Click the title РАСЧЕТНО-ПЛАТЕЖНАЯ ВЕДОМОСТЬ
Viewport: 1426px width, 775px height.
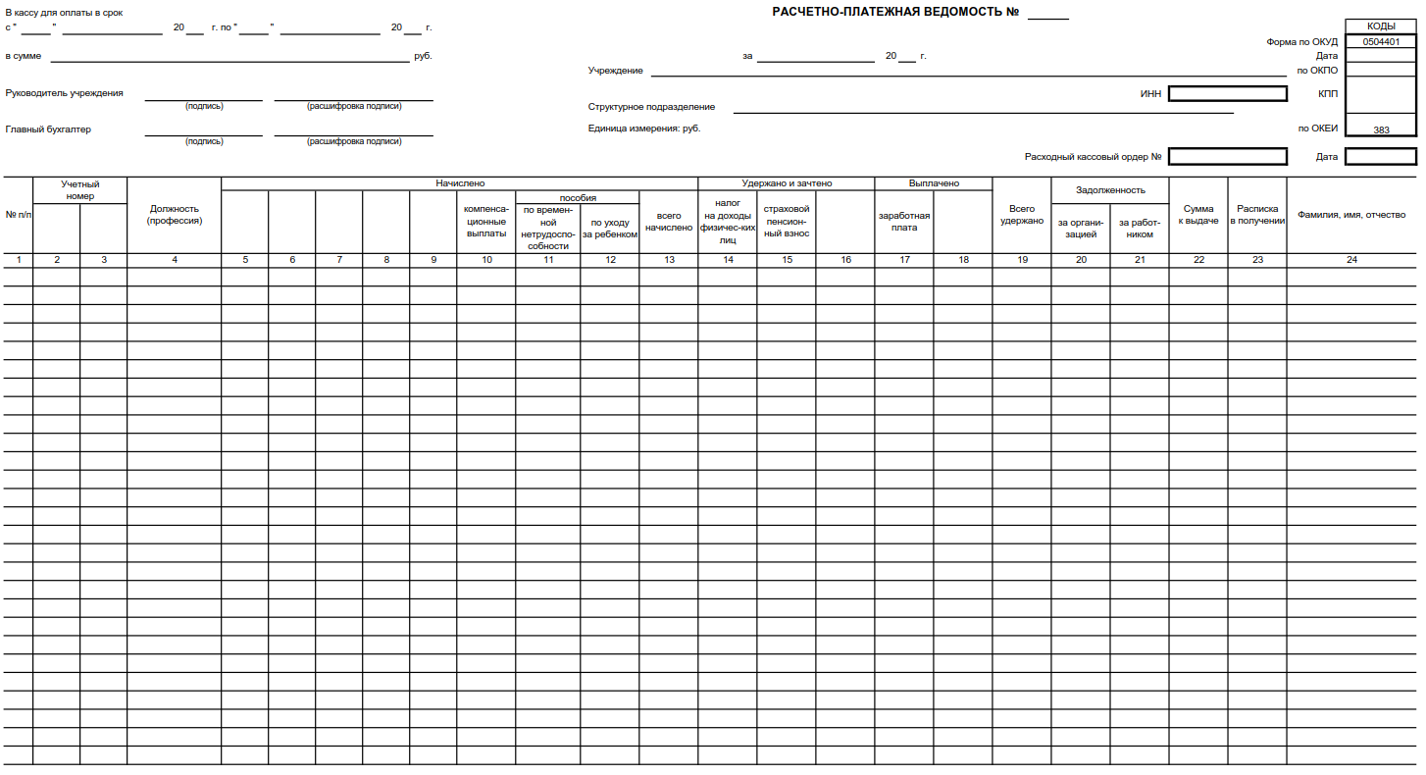coord(896,12)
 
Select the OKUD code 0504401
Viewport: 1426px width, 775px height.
coord(1381,42)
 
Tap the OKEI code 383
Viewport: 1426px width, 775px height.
coord(1381,129)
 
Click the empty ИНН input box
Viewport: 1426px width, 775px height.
coord(1227,94)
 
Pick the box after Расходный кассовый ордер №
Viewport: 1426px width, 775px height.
coord(1227,156)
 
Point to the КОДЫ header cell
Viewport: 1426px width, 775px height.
coord(1381,26)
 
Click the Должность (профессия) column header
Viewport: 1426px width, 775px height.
coord(175,215)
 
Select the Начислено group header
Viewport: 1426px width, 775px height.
coord(460,183)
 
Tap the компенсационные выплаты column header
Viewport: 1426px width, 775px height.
coord(486,221)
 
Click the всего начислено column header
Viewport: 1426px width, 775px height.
coord(669,222)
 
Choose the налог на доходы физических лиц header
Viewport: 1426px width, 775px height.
coord(728,221)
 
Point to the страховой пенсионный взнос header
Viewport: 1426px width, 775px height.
coord(787,221)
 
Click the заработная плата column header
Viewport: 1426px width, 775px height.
coord(904,221)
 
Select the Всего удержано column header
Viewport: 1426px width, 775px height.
coord(1022,215)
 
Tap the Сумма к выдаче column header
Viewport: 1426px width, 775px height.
coord(1198,215)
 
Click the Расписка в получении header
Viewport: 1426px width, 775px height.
coord(1257,215)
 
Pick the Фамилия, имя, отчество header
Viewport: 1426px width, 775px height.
coord(1351,215)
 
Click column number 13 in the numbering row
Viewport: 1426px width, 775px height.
coord(669,260)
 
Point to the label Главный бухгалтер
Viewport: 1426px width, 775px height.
coord(48,129)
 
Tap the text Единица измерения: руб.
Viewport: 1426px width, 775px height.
coord(644,129)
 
